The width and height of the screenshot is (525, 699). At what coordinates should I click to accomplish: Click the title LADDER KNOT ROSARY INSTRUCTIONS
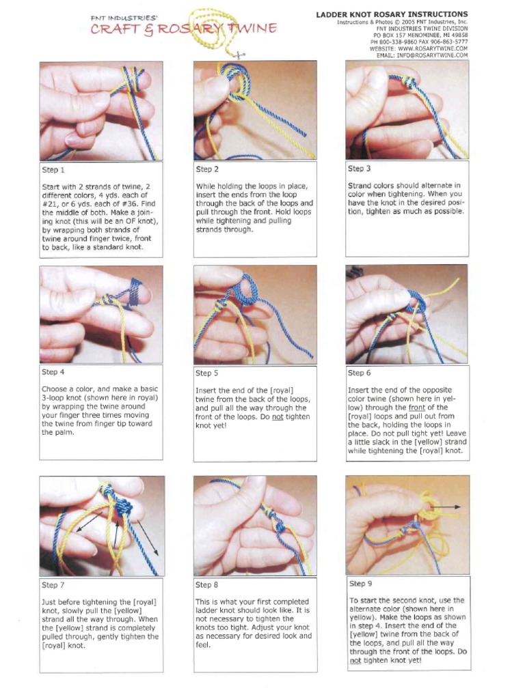[392, 14]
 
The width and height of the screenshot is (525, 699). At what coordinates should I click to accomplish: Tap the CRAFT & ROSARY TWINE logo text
[184, 29]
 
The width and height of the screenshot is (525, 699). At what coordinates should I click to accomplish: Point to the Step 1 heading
[53, 170]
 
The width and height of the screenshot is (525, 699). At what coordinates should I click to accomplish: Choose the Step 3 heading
[360, 169]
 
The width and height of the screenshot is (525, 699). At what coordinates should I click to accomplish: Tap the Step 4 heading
[53, 372]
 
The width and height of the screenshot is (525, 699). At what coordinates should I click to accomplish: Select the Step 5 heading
[207, 373]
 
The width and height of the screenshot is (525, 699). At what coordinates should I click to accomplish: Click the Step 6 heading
[360, 373]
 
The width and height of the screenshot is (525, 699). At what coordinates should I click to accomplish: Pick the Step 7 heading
[53, 585]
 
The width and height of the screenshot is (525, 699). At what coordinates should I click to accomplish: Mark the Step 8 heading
[207, 585]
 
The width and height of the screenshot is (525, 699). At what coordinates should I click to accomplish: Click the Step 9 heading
[360, 584]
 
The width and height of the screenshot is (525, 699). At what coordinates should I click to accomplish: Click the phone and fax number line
[419, 42]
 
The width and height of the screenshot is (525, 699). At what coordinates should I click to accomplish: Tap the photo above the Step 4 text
[101, 314]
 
